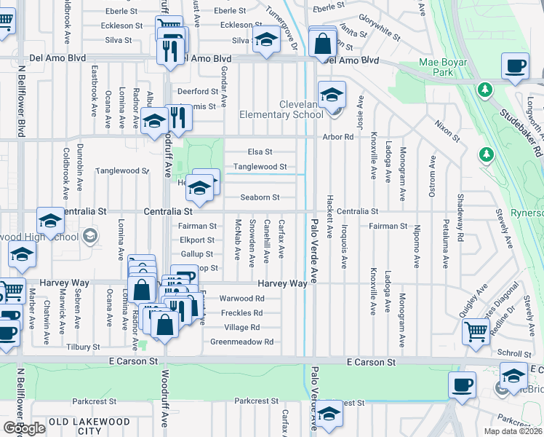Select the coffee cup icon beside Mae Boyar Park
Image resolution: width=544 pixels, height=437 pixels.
[x=516, y=66]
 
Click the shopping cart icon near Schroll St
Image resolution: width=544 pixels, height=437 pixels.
[x=476, y=331]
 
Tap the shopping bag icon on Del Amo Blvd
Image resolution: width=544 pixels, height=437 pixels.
[x=321, y=44]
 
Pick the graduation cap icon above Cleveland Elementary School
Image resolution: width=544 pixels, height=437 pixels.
[x=331, y=95]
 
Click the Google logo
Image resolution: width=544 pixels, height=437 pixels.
[x=24, y=428]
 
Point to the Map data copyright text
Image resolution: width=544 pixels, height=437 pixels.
[x=513, y=431]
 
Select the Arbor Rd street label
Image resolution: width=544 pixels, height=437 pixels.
[x=338, y=137]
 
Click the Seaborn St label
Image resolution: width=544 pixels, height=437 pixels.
[x=260, y=197]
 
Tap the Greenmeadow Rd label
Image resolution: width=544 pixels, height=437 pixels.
[x=241, y=342]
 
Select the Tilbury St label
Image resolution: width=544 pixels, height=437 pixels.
[x=82, y=347]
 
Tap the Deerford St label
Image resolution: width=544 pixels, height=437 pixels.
[x=198, y=92]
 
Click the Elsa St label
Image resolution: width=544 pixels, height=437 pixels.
[x=260, y=152]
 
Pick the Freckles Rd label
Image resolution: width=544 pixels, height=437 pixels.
[x=241, y=313]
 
